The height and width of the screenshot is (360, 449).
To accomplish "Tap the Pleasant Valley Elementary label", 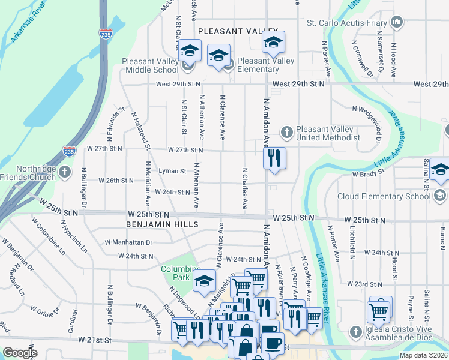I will tap(266, 65).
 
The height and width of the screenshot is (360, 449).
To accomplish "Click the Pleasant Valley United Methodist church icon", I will tap(287, 131).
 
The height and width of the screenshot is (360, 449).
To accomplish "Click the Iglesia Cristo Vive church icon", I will tap(356, 331).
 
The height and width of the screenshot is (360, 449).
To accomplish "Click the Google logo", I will tap(20, 353).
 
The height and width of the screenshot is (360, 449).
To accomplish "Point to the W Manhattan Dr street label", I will tap(128, 242).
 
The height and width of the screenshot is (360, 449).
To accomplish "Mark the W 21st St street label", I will tap(95, 340).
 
